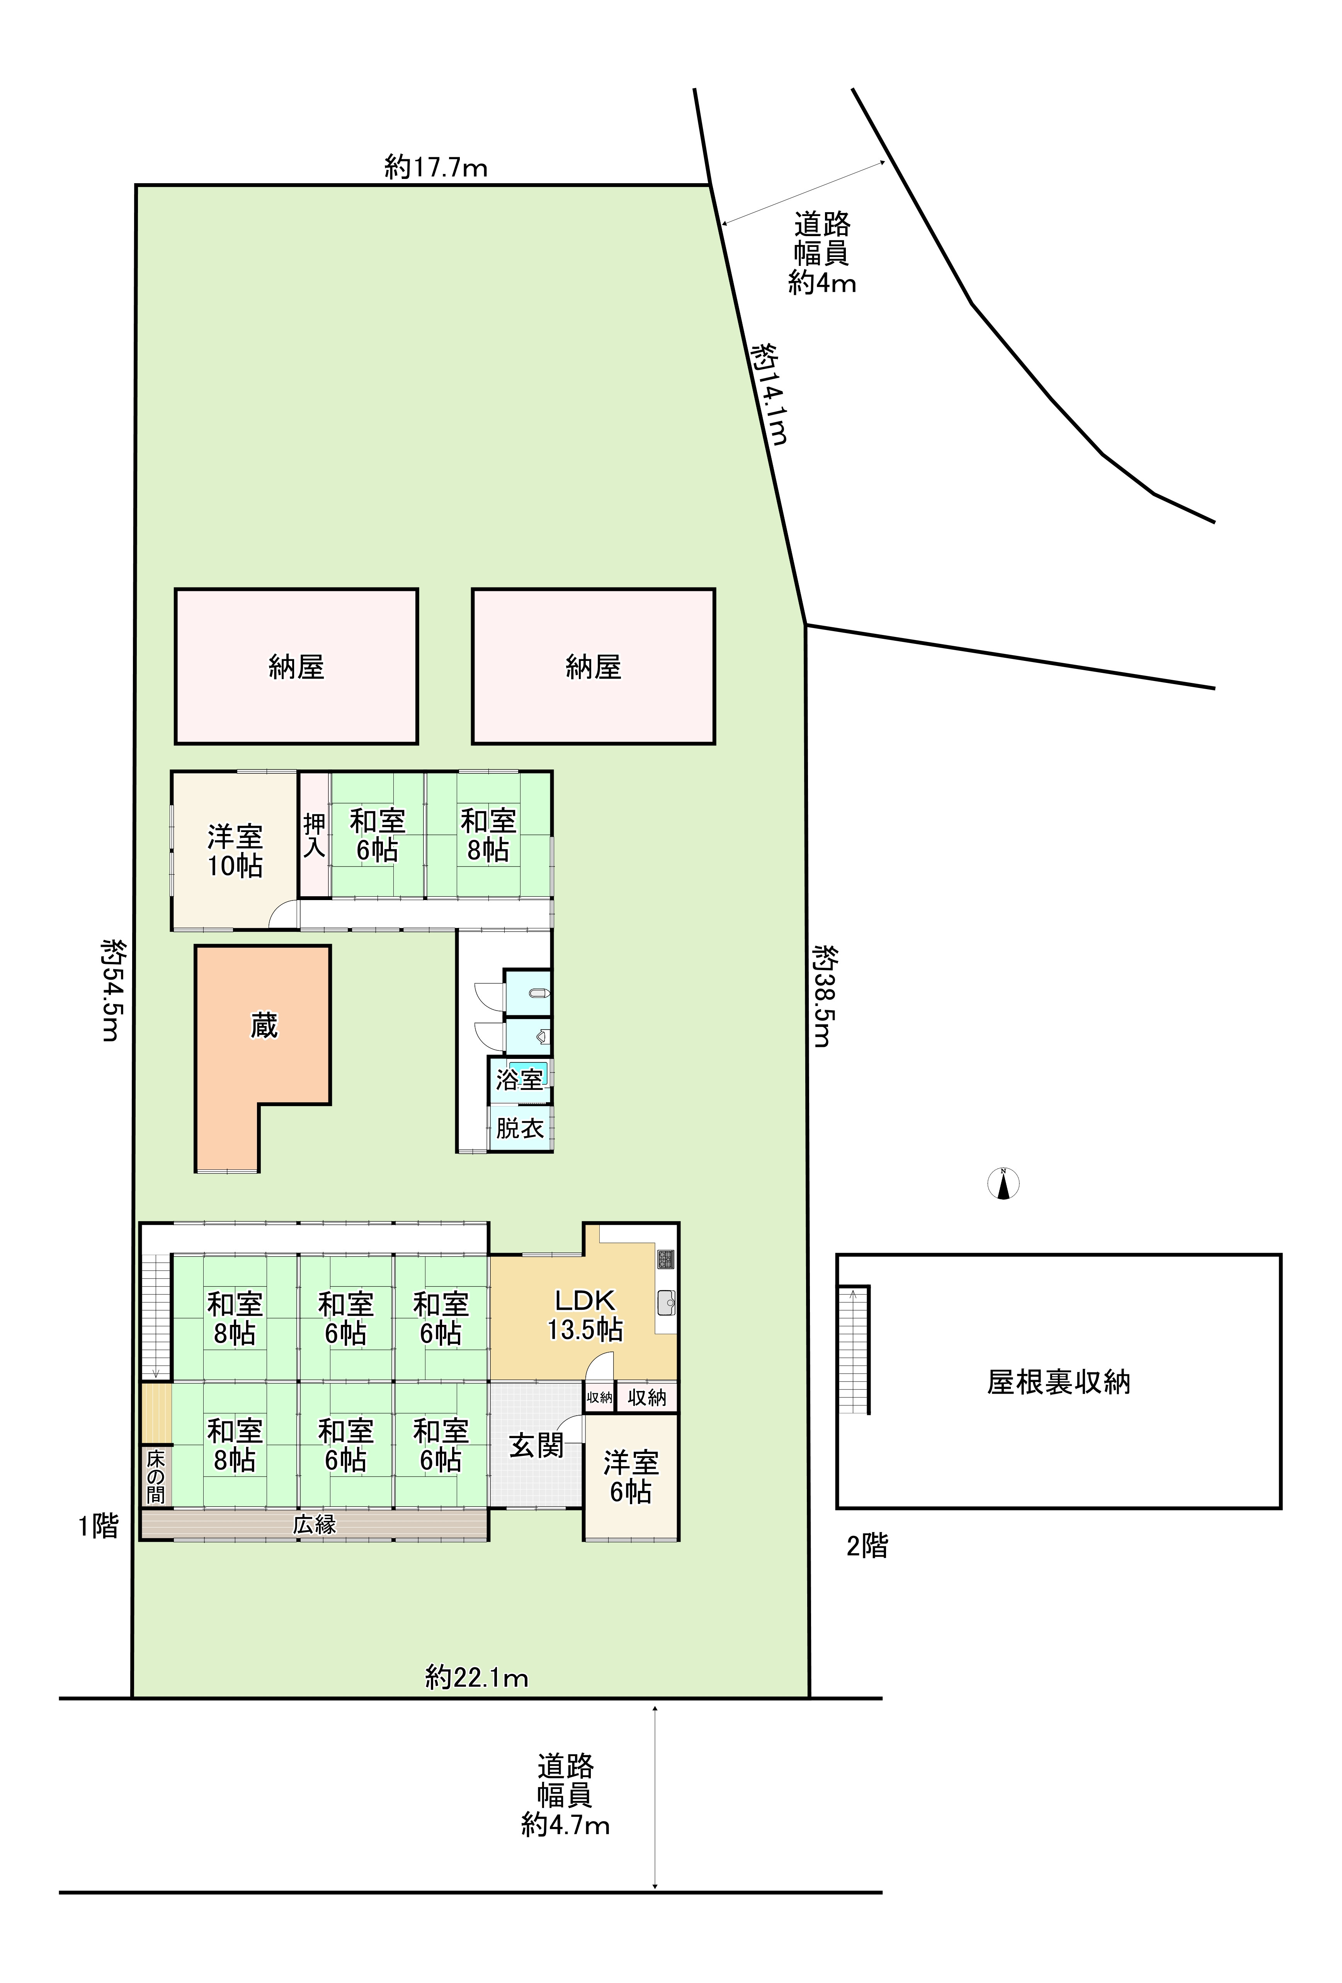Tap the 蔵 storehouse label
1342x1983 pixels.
264,1026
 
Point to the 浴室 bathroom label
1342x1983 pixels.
520,1079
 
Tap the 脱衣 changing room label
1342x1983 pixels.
520,1128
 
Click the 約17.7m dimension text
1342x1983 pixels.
436,167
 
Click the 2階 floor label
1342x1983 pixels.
867,1545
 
